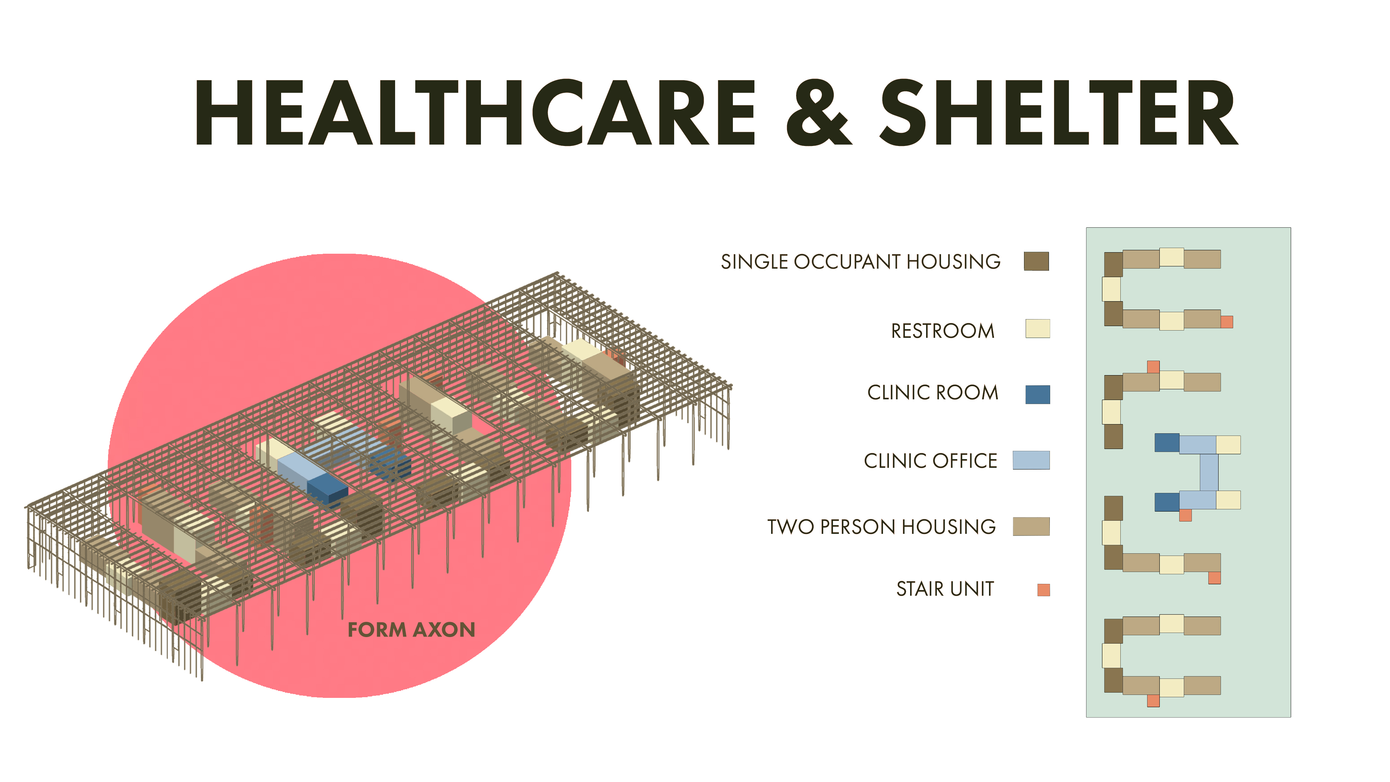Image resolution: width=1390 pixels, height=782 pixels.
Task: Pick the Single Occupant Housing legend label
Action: coord(861,262)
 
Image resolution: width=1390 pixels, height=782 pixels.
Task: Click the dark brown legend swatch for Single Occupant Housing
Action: coord(1036,261)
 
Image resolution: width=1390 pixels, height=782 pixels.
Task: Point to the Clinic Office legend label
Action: coord(930,461)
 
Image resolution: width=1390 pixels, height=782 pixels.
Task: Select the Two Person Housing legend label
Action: coord(882,527)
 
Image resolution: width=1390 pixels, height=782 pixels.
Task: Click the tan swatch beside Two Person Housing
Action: coord(1031,526)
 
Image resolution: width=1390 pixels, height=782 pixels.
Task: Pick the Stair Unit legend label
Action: coord(945,589)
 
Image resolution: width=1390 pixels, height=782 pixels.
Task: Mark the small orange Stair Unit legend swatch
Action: coord(1044,590)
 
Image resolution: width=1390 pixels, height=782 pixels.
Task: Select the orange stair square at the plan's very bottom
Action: coord(1153,701)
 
